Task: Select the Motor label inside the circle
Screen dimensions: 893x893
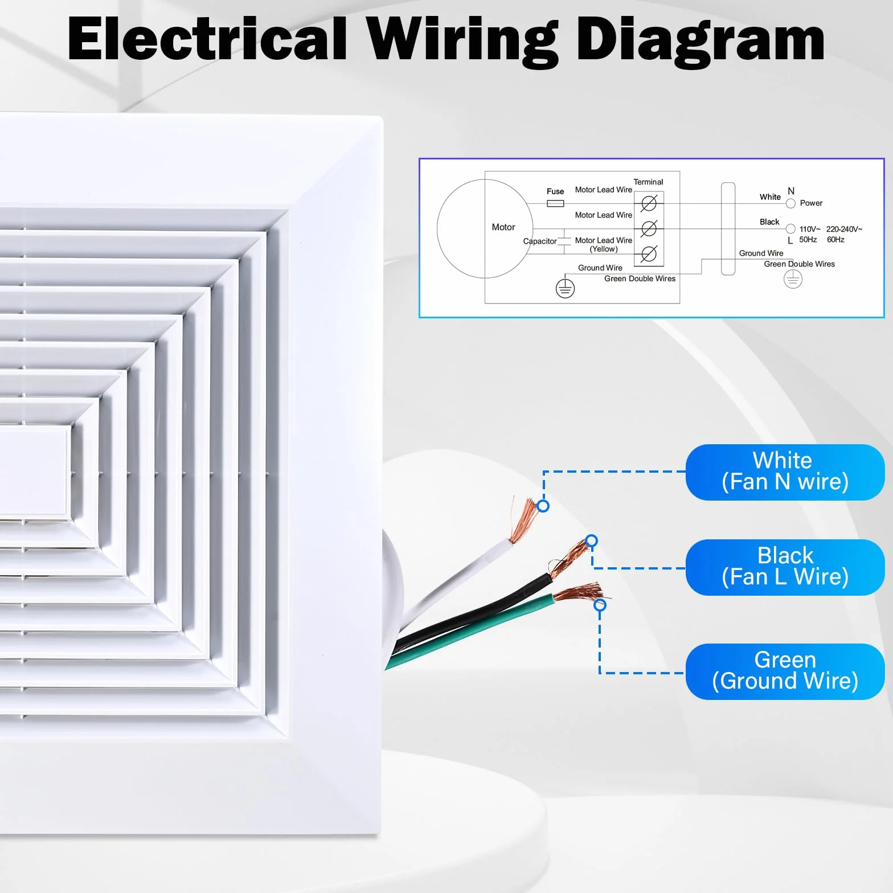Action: (x=503, y=227)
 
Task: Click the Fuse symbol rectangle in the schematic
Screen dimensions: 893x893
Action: (x=555, y=203)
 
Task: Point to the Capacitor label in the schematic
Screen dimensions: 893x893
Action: (x=540, y=241)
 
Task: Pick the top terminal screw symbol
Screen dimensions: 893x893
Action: (x=649, y=203)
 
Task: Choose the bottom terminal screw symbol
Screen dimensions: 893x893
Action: (x=649, y=254)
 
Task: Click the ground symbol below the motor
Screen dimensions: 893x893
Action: (x=565, y=289)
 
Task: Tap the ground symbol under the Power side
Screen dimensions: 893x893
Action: (x=793, y=279)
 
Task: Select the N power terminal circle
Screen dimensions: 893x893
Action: (x=790, y=204)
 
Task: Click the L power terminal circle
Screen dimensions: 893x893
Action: (x=790, y=229)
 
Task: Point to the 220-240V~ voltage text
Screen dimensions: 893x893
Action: (x=844, y=229)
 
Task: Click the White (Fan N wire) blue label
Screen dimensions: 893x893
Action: (x=785, y=472)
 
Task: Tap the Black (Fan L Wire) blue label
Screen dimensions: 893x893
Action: (x=785, y=567)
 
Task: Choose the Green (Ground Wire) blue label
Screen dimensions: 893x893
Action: (x=785, y=671)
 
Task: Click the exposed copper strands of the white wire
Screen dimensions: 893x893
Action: (x=523, y=519)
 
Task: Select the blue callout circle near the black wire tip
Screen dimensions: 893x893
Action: (x=592, y=540)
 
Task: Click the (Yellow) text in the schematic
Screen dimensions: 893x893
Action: (x=604, y=249)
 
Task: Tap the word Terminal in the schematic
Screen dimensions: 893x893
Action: (x=648, y=182)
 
